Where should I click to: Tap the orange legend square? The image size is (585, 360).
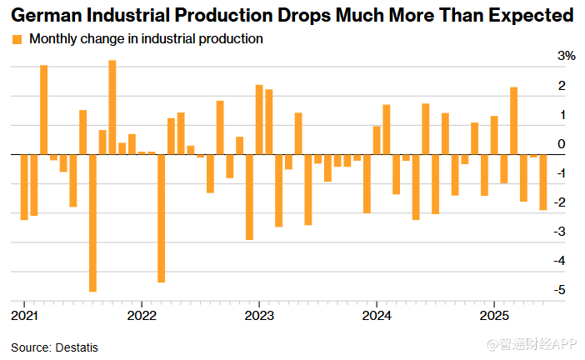tap(17, 39)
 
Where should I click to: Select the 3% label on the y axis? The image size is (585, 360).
tap(567, 56)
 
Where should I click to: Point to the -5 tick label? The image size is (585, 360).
tap(563, 289)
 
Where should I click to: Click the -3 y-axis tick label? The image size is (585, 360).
tap(563, 231)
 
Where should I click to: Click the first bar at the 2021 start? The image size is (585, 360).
tap(24, 187)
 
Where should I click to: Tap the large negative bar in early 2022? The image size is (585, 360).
tap(161, 217)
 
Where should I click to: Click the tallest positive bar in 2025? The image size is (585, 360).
tap(514, 121)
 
